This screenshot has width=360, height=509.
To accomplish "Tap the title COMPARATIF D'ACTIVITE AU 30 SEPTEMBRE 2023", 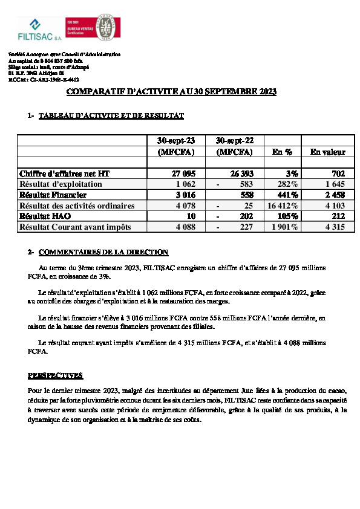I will (171, 92).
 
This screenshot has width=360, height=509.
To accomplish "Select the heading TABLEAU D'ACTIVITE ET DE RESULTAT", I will (111, 115).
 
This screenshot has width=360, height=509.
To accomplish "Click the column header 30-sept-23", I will (175, 140).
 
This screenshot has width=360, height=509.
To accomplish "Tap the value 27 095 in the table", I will (183, 173).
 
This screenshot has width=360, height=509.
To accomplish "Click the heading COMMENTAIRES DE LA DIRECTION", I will (103, 252).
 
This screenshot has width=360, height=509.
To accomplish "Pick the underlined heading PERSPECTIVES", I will (56, 375).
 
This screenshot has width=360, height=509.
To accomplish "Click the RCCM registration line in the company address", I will (44, 79).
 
